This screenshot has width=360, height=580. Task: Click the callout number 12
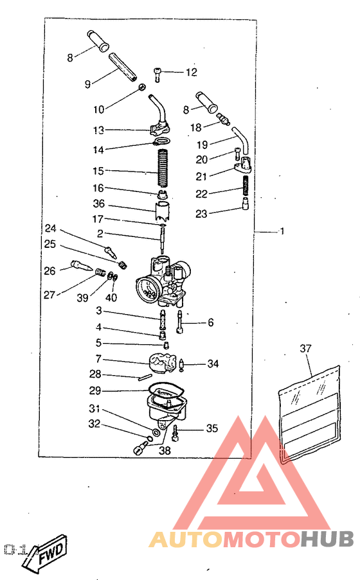tap(191, 72)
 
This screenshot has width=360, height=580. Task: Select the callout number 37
tap(305, 348)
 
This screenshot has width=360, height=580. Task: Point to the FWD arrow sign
tap(44, 551)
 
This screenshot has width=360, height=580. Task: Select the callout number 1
tap(282, 231)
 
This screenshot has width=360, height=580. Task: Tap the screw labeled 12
tap(157, 75)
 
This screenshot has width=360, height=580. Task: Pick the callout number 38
tap(165, 450)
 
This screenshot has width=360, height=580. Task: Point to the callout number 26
tap(50, 271)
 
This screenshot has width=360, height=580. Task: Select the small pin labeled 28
tap(144, 376)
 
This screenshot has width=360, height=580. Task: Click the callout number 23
tap(201, 213)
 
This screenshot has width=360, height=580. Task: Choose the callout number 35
tap(212, 428)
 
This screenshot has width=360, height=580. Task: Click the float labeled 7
tap(162, 363)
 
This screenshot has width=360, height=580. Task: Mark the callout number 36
tap(99, 204)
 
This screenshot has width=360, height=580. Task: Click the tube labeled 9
tap(123, 67)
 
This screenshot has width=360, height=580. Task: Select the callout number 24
tap(50, 228)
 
